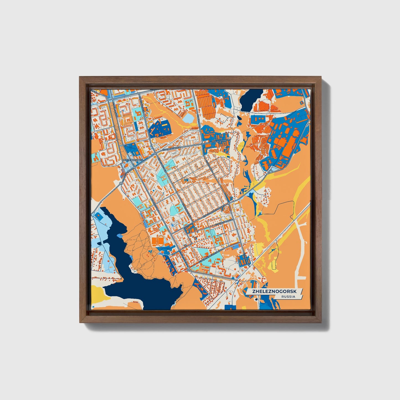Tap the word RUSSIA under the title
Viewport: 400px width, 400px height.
288,297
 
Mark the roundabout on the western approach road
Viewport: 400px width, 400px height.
121,184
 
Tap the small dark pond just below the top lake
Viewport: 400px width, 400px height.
239,117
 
